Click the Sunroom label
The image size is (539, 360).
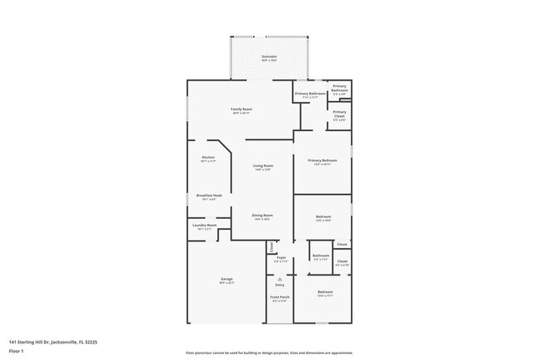269,56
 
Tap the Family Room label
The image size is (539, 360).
241,109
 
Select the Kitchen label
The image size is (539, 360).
208,157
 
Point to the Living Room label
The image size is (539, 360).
263,166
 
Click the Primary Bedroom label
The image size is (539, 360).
322,160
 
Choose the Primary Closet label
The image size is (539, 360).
339,114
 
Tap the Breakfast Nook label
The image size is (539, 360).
208,196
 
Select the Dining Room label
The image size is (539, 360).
262,215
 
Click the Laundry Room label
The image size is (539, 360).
204,225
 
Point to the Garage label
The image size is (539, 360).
226,279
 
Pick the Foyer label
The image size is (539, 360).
280,257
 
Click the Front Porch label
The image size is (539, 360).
279,296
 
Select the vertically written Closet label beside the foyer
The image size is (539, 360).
270,246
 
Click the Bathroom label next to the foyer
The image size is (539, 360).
321,256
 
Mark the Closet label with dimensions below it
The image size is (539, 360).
342,261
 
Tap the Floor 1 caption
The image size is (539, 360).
17,351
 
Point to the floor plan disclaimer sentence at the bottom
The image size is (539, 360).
269,352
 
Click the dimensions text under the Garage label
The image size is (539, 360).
226,283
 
